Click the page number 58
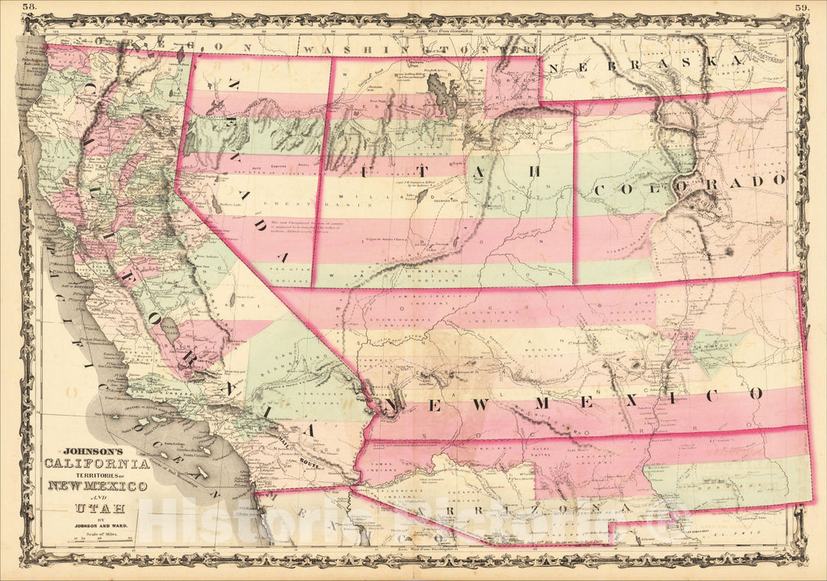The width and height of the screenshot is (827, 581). click(x=28, y=8)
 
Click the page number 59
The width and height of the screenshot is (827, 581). click(x=800, y=8)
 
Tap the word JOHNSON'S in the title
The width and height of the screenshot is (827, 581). click(x=90, y=452)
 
